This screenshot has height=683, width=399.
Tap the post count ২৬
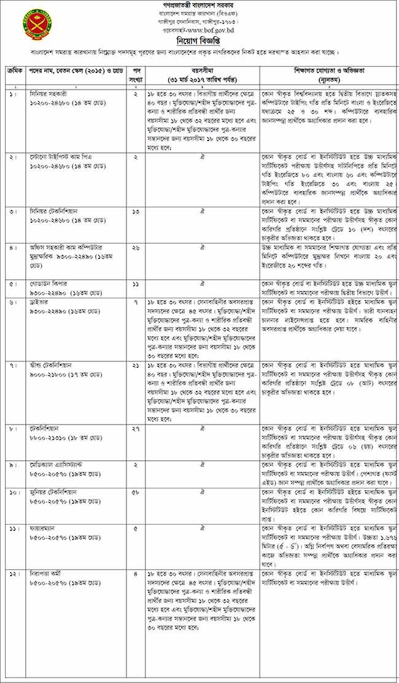(136, 247)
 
